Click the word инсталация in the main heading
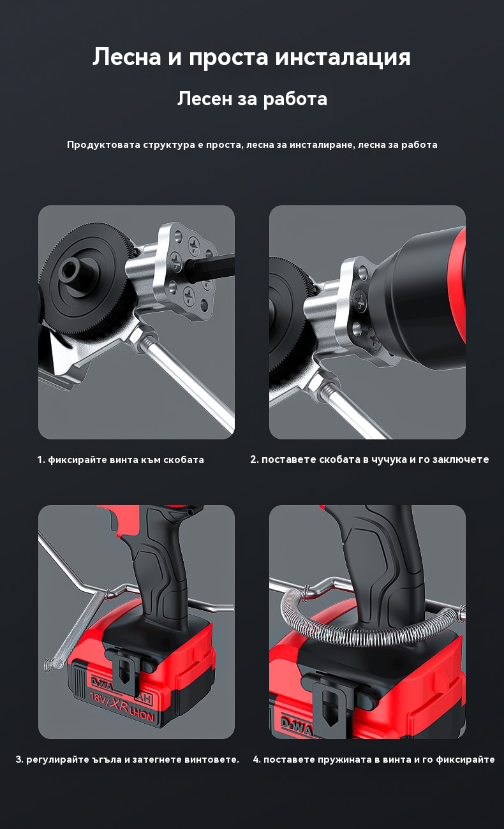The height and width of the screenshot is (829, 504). [343, 57]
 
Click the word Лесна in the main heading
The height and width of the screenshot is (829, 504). [127, 57]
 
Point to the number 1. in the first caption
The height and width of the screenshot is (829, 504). [41, 460]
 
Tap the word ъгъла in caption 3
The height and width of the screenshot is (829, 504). [107, 759]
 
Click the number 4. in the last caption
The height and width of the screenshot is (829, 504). [257, 759]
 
